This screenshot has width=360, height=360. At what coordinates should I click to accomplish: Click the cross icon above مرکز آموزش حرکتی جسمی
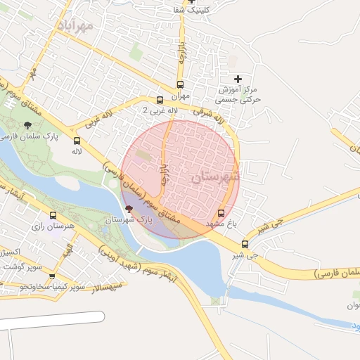pos(238,79)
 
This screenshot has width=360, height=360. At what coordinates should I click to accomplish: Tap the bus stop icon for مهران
pos(160,101)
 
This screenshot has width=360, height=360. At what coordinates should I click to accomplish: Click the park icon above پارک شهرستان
pos(128,208)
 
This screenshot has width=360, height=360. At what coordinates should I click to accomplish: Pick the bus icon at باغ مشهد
pos(222,212)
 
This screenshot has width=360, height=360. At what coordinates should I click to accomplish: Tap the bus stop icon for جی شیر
pos(245,245)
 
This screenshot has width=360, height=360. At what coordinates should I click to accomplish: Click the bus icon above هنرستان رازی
pos(53,215)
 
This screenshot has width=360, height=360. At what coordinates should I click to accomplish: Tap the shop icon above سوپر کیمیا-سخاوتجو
pos(52,276)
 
